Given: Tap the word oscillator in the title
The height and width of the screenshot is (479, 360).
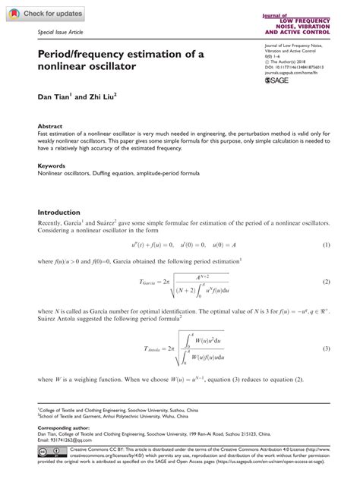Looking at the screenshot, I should point(106,68).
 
